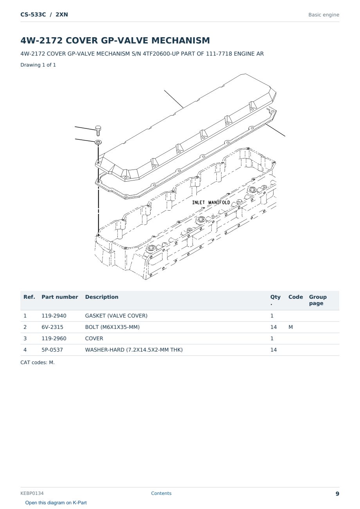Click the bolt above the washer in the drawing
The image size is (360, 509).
point(98,130)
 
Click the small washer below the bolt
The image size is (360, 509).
point(98,142)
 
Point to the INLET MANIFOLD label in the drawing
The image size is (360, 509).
point(211,202)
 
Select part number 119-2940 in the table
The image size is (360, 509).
point(54,316)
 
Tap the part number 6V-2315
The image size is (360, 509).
point(52,327)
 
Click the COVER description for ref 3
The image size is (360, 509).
point(94,338)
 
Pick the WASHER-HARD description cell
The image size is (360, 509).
point(134,350)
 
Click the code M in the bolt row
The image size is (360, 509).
point(290,327)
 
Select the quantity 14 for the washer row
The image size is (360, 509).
point(274,350)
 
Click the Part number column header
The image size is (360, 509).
point(60,297)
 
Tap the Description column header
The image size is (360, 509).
point(102,297)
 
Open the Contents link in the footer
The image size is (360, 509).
point(161,493)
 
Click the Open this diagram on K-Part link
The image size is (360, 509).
point(56,503)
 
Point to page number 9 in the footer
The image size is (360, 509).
point(337,494)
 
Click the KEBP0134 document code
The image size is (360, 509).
point(32,493)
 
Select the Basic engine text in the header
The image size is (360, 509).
point(324,15)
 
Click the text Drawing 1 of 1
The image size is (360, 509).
point(38,65)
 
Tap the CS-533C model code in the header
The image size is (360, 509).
point(33,14)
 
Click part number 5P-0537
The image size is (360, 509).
point(52,350)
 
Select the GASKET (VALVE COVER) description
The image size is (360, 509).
point(116,316)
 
